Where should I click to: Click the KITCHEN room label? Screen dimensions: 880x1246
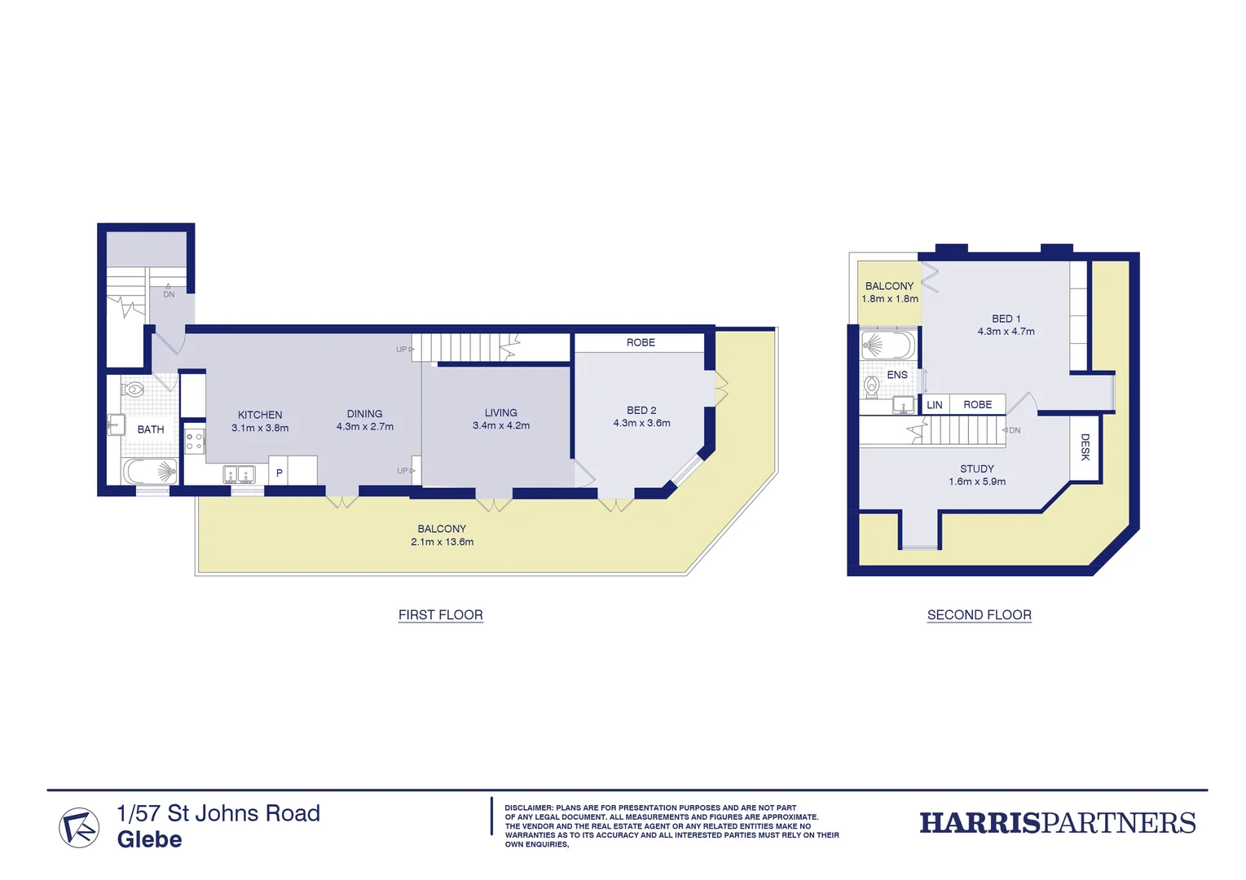point(260,415)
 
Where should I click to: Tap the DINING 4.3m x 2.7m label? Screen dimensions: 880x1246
point(364,420)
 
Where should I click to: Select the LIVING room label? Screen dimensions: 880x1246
point(500,413)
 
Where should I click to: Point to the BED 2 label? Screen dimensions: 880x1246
point(641,411)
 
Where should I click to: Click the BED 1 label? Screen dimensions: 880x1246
point(1006,319)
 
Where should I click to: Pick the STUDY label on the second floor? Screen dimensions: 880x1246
point(976,469)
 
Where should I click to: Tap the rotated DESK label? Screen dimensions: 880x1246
point(1085,447)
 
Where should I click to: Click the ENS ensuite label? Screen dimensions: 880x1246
point(896,375)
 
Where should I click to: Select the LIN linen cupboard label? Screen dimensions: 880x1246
point(934,405)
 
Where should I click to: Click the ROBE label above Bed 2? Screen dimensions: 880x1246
point(641,343)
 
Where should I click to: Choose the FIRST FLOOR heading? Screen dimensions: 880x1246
point(440,615)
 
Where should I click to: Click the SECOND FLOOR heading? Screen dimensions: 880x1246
point(979,615)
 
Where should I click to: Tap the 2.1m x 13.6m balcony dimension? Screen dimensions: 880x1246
point(442,542)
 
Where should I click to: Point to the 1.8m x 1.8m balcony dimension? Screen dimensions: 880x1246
point(889,299)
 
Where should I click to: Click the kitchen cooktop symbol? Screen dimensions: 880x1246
point(194,442)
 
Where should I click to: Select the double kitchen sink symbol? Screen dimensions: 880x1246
point(240,474)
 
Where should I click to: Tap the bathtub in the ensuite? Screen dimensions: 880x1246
point(887,345)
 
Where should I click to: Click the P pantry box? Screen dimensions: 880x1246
point(279,473)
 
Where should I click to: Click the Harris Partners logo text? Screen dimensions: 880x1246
point(1057,823)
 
